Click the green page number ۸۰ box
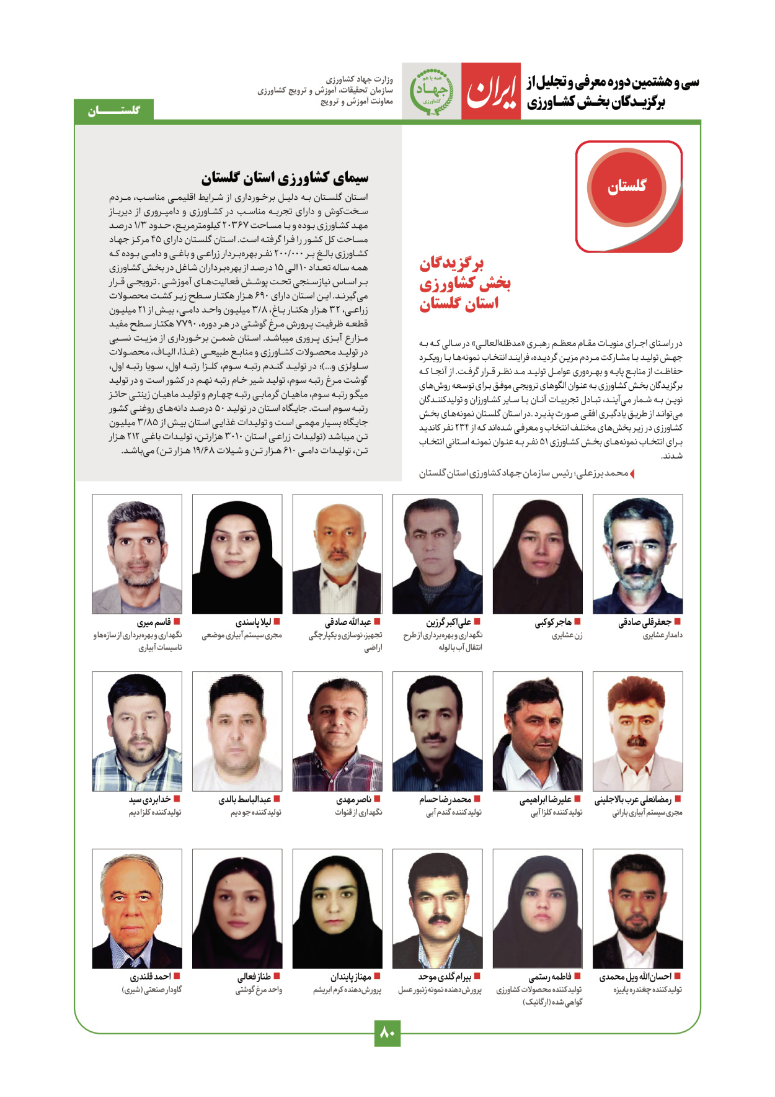[x=387, y=1032]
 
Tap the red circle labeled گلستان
[x=627, y=186]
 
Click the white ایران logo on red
[x=491, y=91]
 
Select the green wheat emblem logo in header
[x=432, y=91]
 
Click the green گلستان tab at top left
[x=114, y=110]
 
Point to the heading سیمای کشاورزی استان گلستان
[x=285, y=178]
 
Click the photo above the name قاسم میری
[x=137, y=554]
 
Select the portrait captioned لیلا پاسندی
[x=237, y=554]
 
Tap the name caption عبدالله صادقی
[x=348, y=622]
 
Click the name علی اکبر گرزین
[x=448, y=622]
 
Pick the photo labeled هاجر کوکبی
[x=538, y=554]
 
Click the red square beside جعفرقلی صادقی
[x=678, y=622]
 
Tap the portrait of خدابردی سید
[x=137, y=731]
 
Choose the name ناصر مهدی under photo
[x=353, y=799]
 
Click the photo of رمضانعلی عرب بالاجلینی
[x=637, y=731]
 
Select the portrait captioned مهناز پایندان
[x=337, y=908]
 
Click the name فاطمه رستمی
[x=550, y=977]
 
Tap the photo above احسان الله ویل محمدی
[x=637, y=908]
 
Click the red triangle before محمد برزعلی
[x=632, y=474]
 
